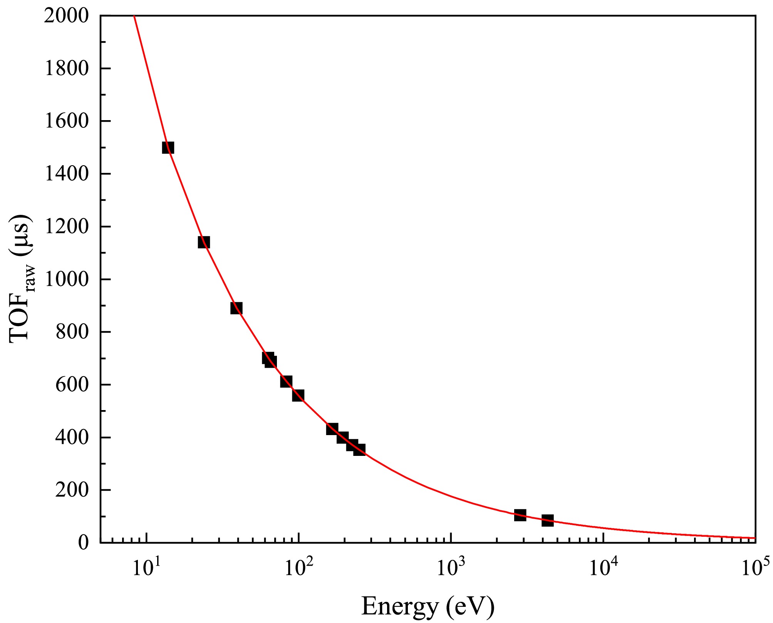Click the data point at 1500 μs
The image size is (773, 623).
click(168, 147)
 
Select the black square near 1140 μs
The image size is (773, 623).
click(204, 242)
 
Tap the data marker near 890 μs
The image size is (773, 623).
click(236, 308)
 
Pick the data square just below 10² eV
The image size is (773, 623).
click(298, 395)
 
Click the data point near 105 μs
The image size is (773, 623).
click(520, 515)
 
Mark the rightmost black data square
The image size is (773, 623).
click(547, 521)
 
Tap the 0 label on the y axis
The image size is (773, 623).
click(84, 543)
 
